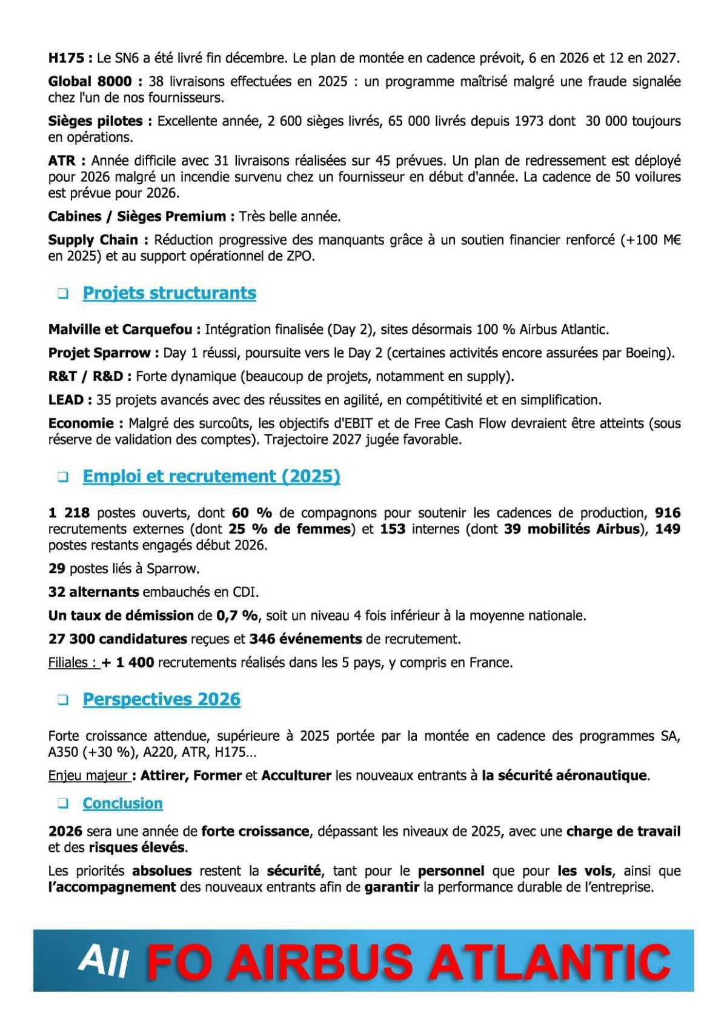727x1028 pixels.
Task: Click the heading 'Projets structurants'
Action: (169, 293)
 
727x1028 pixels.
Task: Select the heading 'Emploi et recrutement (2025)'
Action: (211, 477)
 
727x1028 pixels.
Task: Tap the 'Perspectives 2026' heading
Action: (161, 700)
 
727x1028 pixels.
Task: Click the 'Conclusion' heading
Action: (122, 804)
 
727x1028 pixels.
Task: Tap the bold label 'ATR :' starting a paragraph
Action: (67, 161)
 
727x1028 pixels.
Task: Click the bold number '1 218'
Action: (69, 513)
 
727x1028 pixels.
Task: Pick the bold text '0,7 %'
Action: (237, 616)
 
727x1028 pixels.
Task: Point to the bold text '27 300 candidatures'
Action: (118, 639)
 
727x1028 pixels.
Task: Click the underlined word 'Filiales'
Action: (72, 663)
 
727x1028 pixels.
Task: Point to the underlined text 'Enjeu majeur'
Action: (88, 776)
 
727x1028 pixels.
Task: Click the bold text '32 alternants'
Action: (93, 592)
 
